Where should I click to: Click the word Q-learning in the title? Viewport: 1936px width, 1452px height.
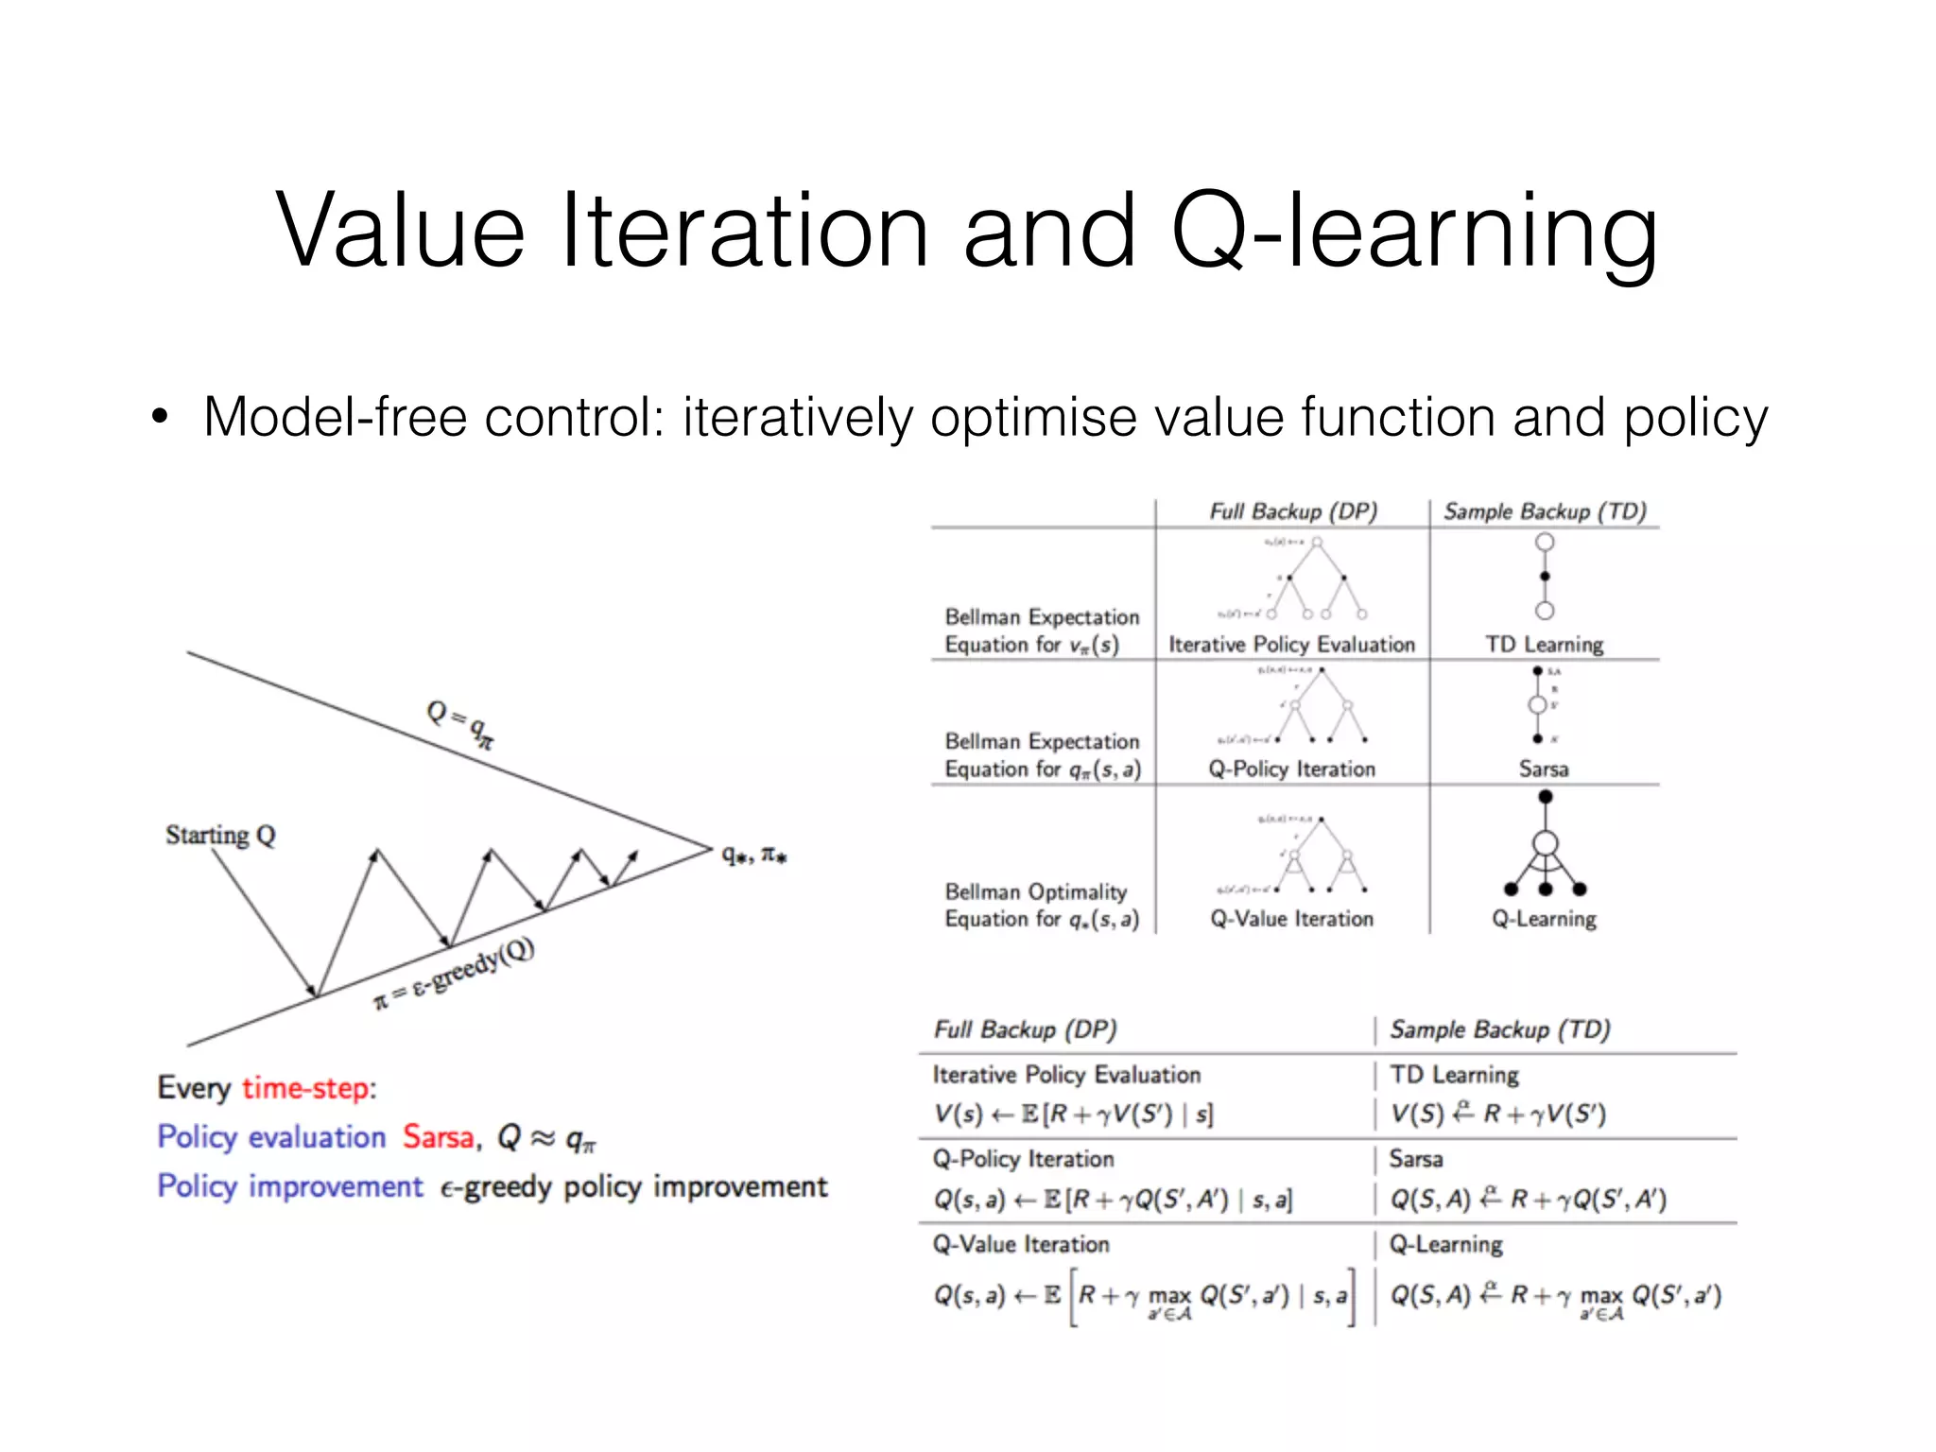1413,232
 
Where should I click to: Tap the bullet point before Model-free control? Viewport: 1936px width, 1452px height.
160,417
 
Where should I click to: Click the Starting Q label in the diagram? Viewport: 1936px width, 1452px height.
220,835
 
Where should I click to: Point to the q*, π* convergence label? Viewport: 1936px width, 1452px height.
753,855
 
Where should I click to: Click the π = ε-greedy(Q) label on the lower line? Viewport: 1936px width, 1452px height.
455,974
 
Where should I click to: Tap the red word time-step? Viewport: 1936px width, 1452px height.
308,1087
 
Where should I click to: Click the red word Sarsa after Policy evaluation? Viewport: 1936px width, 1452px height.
438,1136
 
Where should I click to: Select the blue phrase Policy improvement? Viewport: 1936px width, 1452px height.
290,1186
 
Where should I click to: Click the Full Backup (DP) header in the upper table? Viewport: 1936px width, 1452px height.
1292,511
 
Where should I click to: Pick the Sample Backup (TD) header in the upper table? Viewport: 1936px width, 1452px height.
1545,511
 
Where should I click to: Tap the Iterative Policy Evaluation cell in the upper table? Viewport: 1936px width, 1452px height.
1291,645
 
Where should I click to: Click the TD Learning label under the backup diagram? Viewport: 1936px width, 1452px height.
1544,645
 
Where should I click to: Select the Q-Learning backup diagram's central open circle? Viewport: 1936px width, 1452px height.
1545,842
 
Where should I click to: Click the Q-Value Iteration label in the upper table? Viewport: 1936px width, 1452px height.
1291,919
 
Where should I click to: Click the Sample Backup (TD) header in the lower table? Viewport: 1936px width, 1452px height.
1499,1029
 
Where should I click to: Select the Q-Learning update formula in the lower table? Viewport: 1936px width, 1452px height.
1555,1296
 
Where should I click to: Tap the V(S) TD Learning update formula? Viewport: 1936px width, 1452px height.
1497,1115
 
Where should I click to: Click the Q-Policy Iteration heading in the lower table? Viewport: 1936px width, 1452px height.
1023,1159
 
